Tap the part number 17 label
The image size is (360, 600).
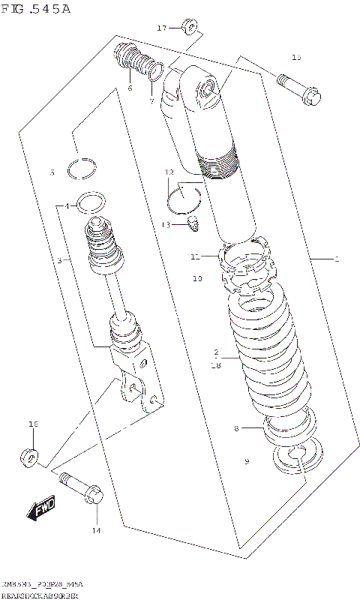coord(161,28)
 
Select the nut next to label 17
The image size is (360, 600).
coord(189,29)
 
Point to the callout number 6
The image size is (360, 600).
coord(129,88)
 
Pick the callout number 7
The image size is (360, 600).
coord(151,101)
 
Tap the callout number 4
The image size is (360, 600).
coord(67,205)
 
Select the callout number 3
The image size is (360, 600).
coord(58,260)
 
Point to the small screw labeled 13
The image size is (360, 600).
coord(195,223)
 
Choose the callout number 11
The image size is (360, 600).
coord(194,257)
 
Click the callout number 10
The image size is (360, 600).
coord(197,278)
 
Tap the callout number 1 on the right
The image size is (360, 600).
coord(337,259)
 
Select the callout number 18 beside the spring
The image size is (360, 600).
coord(217,364)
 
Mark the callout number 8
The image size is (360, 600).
coord(236,428)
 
